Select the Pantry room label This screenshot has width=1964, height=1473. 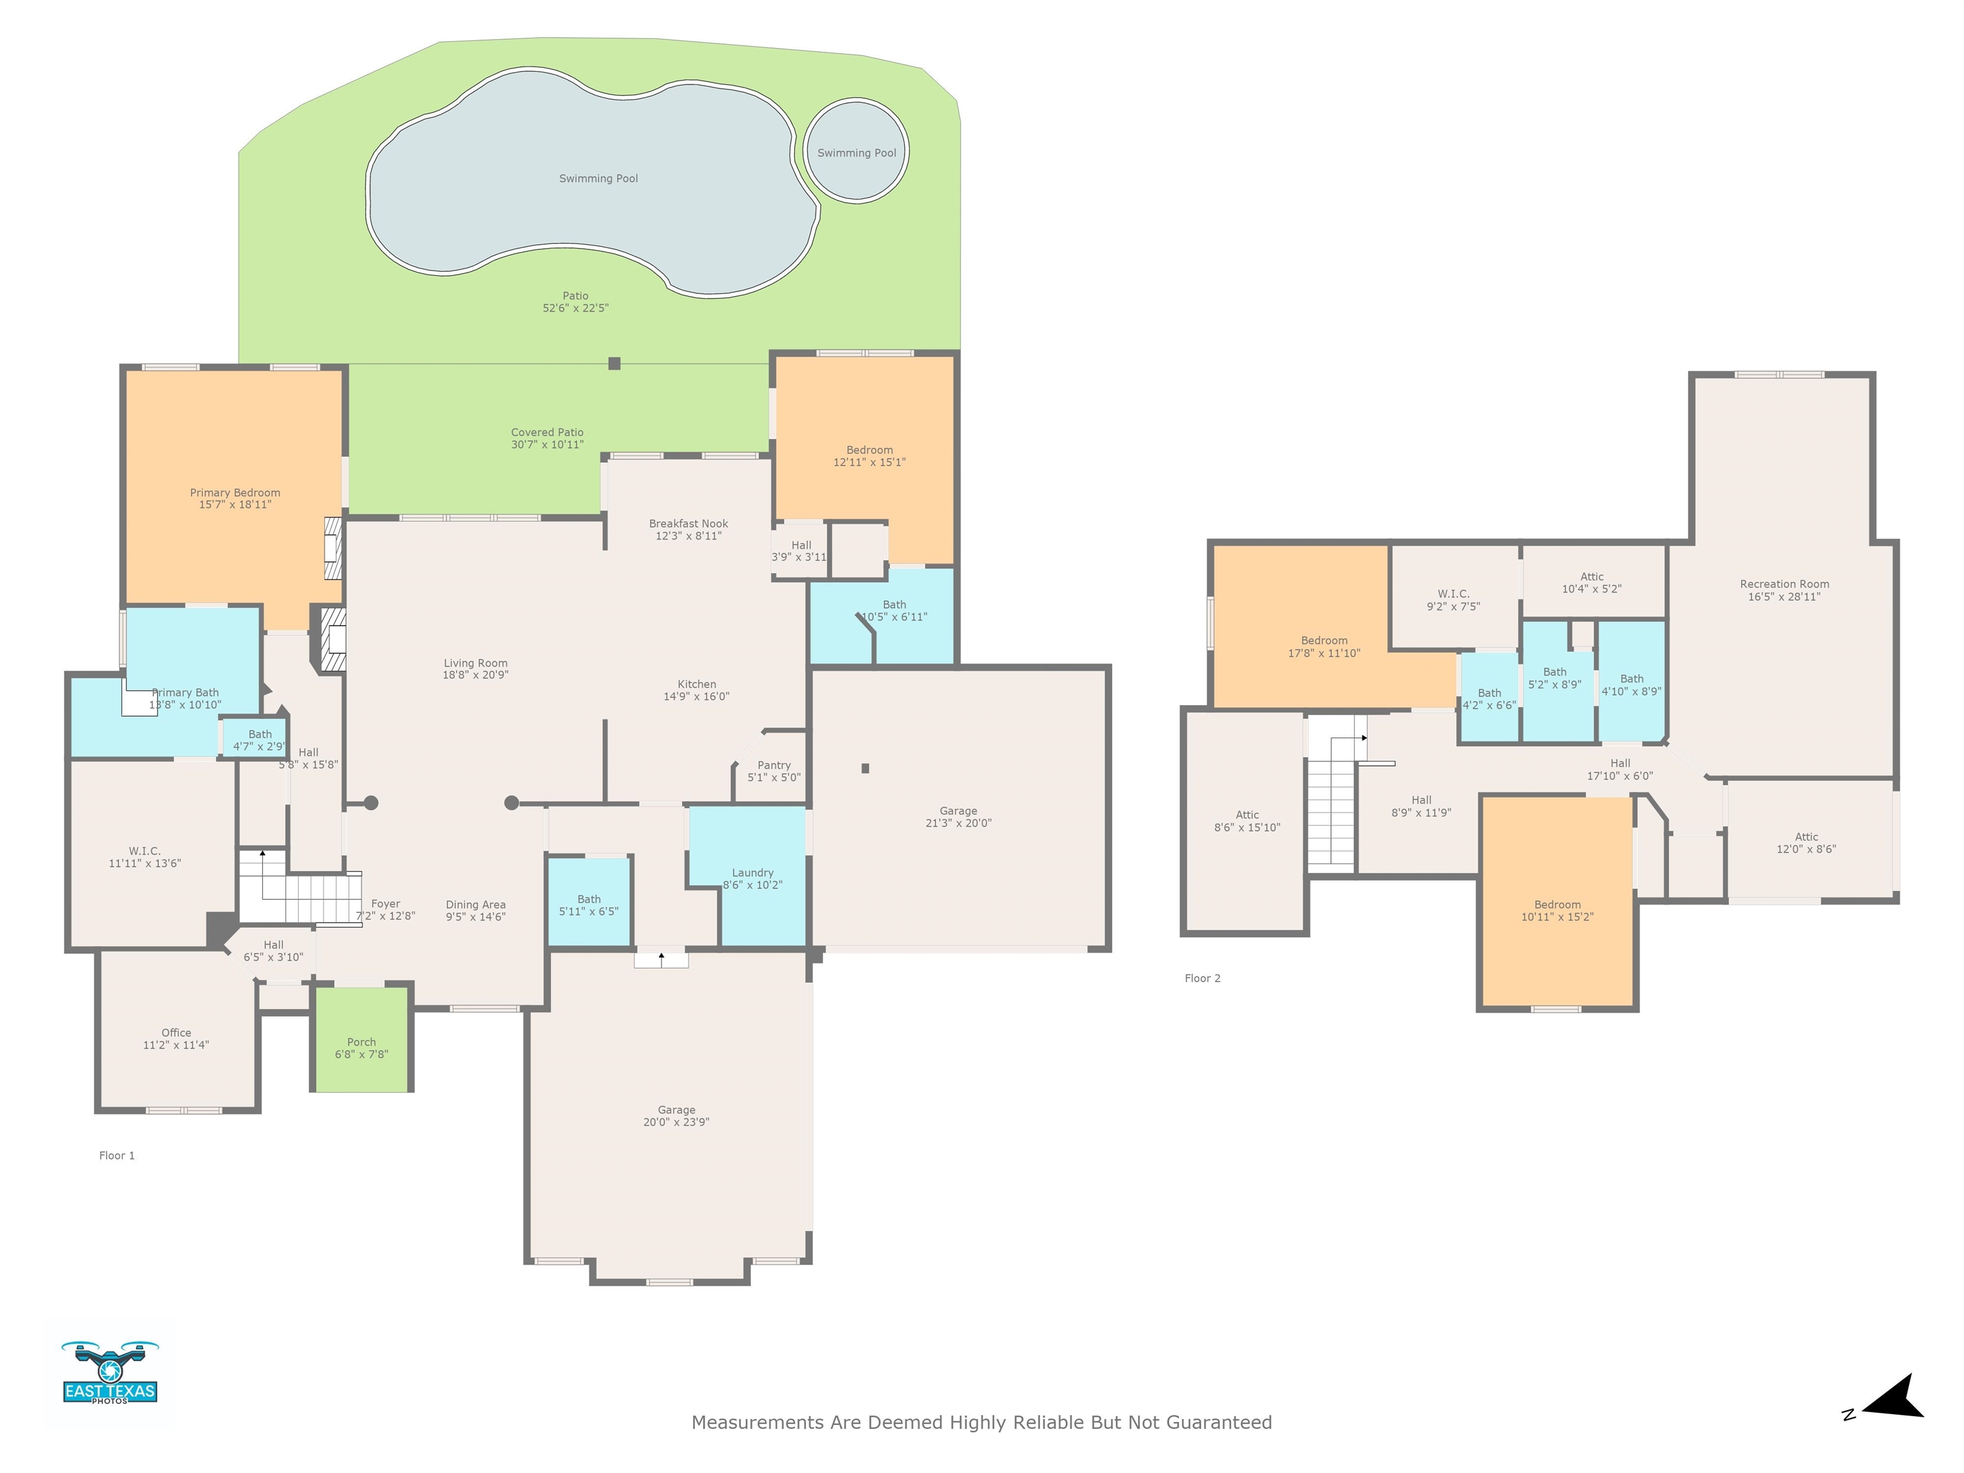coord(774,765)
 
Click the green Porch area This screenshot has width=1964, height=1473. coord(361,1039)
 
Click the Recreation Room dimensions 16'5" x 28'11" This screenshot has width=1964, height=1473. coord(1784,596)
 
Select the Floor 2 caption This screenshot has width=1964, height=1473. coord(1202,978)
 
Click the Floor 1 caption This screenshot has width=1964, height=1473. coord(116,1155)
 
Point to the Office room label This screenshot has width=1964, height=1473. coord(176,1033)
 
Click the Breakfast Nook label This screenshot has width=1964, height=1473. coord(688,524)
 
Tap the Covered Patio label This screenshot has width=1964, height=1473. coord(547,432)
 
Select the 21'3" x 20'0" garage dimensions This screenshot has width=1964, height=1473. coord(958,823)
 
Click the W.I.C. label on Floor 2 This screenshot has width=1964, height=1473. coord(1453,594)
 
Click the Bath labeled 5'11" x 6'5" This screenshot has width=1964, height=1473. coord(589,900)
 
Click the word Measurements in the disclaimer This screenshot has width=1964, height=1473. coord(758,1421)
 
